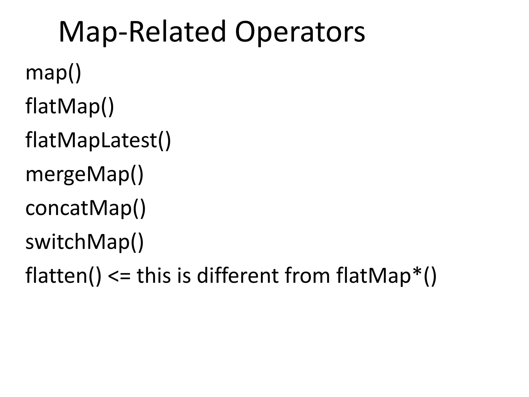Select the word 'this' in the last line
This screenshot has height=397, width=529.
154,275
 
